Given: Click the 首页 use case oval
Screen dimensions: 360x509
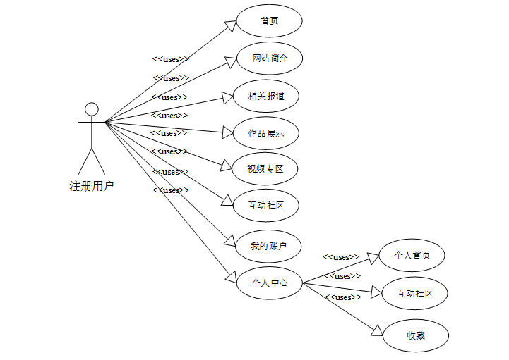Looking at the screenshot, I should [x=269, y=21].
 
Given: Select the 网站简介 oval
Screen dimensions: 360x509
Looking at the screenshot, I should [x=269, y=58].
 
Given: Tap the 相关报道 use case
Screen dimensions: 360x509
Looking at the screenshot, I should [x=266, y=96].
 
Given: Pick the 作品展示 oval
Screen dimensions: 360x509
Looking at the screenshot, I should [x=266, y=133].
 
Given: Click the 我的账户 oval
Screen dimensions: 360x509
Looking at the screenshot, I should [x=269, y=246].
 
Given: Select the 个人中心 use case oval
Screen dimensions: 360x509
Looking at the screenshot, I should [x=269, y=283].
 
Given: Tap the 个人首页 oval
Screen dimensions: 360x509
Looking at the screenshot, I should [x=412, y=256].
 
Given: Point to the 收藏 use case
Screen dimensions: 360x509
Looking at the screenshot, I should [x=415, y=335].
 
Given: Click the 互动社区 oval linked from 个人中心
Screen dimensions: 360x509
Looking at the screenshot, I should [x=414, y=294].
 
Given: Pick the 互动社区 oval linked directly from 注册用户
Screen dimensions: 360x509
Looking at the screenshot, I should [x=266, y=206].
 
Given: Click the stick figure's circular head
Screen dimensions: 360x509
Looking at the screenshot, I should [x=91, y=109].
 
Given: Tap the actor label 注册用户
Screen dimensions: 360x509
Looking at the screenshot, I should [x=91, y=186].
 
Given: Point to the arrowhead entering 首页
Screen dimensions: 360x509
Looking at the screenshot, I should [x=230, y=26].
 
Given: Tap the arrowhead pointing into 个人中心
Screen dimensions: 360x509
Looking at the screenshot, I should [x=230, y=277].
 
